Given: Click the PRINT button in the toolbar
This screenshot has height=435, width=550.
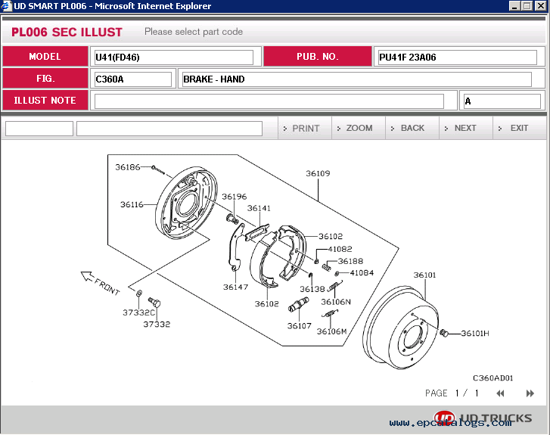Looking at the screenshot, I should (x=305, y=128).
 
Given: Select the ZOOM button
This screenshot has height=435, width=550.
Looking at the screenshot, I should (x=359, y=128).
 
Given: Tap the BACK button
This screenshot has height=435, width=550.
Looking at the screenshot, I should (x=412, y=128).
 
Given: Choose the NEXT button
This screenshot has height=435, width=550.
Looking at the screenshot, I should (x=465, y=128).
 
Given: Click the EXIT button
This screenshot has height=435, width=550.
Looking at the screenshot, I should (x=519, y=128).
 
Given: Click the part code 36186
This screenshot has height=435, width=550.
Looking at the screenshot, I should (x=128, y=166).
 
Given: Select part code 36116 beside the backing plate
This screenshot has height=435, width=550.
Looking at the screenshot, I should (x=132, y=204).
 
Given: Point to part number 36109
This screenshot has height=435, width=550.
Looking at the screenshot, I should (x=318, y=173).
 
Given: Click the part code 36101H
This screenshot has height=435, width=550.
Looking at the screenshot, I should (x=475, y=333).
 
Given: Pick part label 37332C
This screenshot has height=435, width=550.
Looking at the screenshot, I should (x=138, y=312).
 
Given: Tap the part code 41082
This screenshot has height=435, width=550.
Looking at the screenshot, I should (x=340, y=249).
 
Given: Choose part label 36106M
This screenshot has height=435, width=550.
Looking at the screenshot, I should (x=331, y=331).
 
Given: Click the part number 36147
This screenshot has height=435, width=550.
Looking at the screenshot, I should (x=235, y=287).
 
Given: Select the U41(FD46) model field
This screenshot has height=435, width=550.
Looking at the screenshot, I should (x=173, y=57).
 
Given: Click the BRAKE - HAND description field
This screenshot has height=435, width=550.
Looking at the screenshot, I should (x=356, y=79).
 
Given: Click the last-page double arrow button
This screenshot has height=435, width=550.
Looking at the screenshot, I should (x=530, y=393).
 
